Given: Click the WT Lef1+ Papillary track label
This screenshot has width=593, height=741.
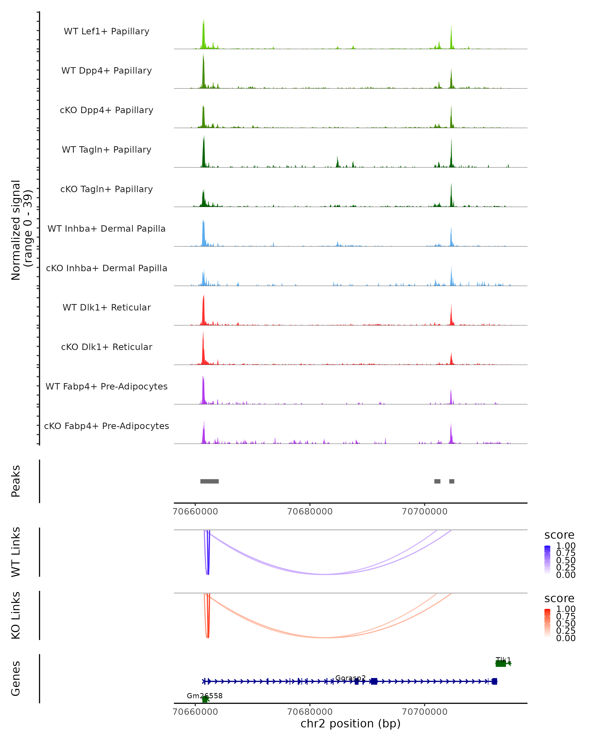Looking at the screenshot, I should click(x=106, y=31).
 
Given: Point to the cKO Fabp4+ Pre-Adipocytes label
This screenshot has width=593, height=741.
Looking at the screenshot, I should click(x=106, y=426).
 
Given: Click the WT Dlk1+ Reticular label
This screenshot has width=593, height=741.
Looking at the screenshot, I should click(x=106, y=307).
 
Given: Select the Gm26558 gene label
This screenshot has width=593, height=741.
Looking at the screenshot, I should click(x=205, y=696).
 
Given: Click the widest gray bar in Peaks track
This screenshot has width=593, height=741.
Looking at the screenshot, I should click(x=209, y=481).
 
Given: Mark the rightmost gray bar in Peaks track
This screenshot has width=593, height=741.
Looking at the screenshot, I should click(x=452, y=481).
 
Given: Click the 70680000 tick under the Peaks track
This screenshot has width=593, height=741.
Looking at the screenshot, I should click(x=310, y=512).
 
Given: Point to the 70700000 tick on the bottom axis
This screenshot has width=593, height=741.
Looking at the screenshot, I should click(x=424, y=711).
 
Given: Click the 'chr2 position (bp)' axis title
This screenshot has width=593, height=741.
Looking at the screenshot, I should click(x=350, y=724).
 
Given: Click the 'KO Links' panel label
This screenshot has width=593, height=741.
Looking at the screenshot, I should click(x=16, y=615).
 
